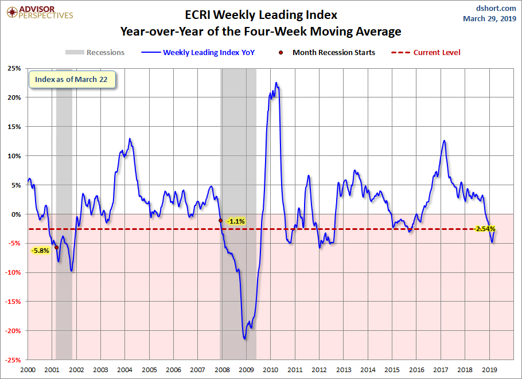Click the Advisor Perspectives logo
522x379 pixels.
[x=40, y=12]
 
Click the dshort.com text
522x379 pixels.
[x=496, y=9]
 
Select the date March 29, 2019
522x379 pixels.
[x=489, y=18]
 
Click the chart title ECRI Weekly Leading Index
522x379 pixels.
[x=261, y=15]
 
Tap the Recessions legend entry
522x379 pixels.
[x=95, y=53]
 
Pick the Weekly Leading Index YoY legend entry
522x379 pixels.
[x=198, y=53]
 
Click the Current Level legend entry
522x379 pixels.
[x=426, y=53]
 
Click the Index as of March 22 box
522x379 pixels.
[x=72, y=80]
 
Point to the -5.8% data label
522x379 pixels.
[x=40, y=251]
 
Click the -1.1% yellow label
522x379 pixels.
[x=236, y=221]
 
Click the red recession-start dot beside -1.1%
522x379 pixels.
[x=220, y=221]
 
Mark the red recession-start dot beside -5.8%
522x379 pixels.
[x=57, y=248]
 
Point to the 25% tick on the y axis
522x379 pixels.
[x=14, y=69]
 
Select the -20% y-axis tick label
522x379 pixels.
[x=13, y=331]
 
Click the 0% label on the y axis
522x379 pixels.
[x=16, y=214]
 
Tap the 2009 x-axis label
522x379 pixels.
[x=246, y=370]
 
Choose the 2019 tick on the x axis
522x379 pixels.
[x=489, y=370]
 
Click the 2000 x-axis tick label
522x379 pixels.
[x=28, y=370]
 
